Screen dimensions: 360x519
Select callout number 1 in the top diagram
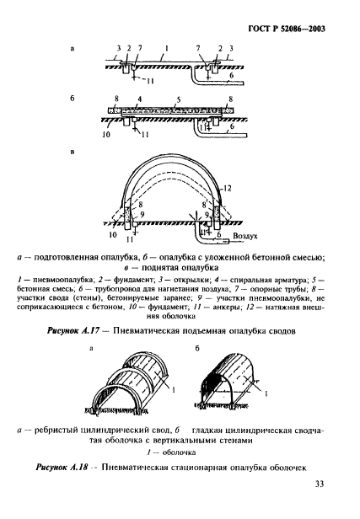pos(169,49)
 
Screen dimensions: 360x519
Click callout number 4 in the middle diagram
pos(138,99)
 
